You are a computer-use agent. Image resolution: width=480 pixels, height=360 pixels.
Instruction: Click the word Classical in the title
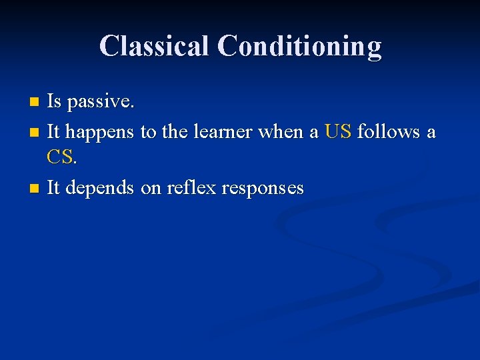pyautogui.click(x=155, y=46)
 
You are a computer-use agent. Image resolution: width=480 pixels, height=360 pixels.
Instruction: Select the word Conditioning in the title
pyautogui.click(x=299, y=46)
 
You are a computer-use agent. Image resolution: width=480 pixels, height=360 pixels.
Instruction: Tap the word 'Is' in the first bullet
pyautogui.click(x=54, y=102)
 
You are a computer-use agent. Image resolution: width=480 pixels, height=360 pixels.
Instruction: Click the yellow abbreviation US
pyautogui.click(x=338, y=132)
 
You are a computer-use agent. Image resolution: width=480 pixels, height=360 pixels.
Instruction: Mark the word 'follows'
pyautogui.click(x=388, y=132)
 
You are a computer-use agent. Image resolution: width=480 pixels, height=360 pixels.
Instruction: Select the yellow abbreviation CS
pyautogui.click(x=61, y=158)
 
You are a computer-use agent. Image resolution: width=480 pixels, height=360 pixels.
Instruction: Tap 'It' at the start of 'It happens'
pyautogui.click(x=53, y=132)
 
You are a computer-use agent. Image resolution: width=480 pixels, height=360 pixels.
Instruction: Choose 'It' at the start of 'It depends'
pyautogui.click(x=53, y=188)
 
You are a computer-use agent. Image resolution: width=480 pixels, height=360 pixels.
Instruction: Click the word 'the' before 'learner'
pyautogui.click(x=174, y=132)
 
